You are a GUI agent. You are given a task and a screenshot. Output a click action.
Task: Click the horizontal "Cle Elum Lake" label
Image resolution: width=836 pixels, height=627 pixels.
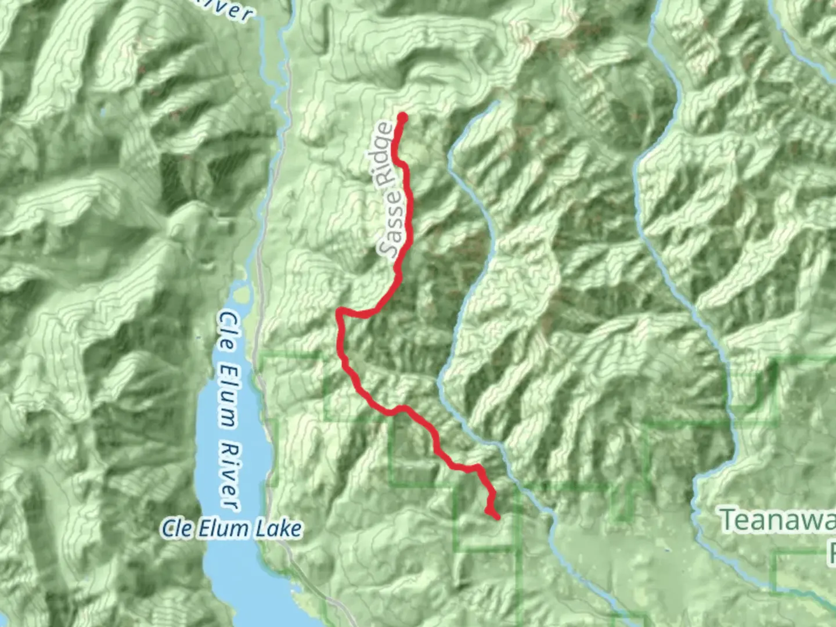coord(231,529)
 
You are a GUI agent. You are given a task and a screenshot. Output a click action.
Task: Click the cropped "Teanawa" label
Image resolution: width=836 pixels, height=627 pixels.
coord(778,520)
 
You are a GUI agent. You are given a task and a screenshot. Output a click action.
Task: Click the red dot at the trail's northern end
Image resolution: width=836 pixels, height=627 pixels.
coord(402,118)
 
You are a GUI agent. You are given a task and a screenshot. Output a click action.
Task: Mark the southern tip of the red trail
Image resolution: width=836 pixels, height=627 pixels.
coord(497,516)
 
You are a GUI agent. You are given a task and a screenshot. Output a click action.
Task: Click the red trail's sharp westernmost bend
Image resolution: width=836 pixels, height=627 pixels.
coord(339,314)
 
